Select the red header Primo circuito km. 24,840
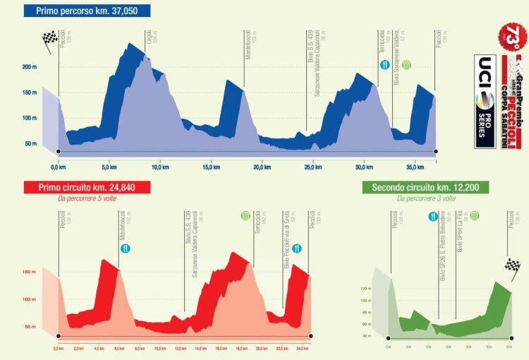point(78,187)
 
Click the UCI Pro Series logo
point(485,101)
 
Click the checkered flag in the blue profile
point(49,40)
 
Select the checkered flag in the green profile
point(512,265)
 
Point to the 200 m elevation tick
point(29,67)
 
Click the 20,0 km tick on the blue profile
point(262,168)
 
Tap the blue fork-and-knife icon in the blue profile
point(385,66)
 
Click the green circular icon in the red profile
point(245,215)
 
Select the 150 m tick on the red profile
point(29,272)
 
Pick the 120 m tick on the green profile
point(366,289)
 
